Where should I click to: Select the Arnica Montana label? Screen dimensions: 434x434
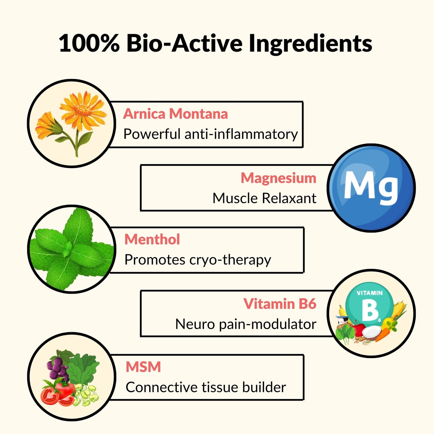175,114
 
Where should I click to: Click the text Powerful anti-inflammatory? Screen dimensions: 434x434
211,134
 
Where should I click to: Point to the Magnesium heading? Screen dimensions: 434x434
278,178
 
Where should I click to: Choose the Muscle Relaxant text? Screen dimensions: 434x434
264,198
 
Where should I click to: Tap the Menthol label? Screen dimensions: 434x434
152,239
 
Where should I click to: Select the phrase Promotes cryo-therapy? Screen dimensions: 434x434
198,260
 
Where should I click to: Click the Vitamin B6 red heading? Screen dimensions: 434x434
280,304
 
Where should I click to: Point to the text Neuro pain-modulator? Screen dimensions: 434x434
246,324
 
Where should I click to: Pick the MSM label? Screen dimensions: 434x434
143,367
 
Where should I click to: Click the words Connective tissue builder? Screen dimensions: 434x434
206,387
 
